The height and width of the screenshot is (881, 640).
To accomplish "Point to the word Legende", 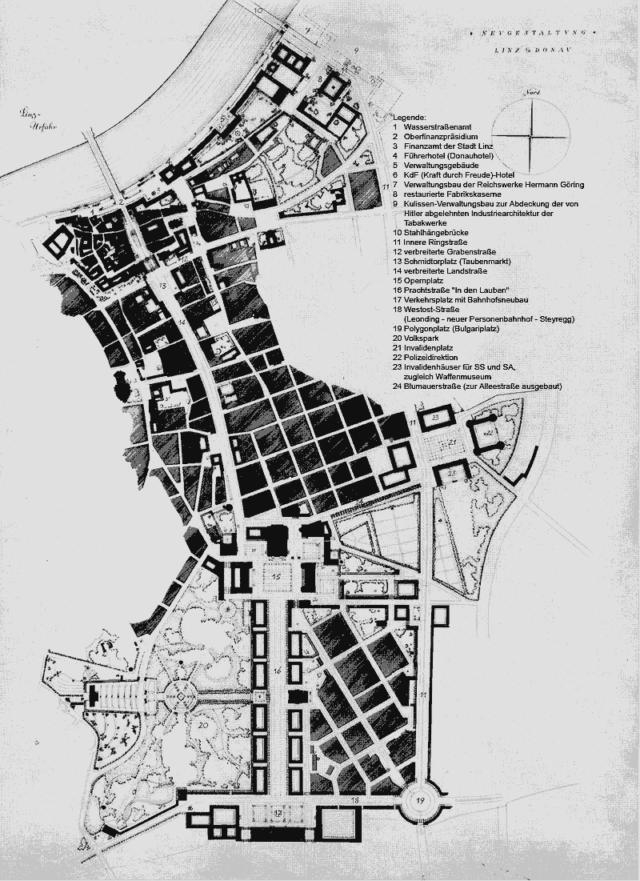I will click(410, 117).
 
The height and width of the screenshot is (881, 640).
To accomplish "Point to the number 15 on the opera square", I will click(277, 575).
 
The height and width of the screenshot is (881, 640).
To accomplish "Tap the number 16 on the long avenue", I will click(277, 669).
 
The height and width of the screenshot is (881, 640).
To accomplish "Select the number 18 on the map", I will click(354, 799).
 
